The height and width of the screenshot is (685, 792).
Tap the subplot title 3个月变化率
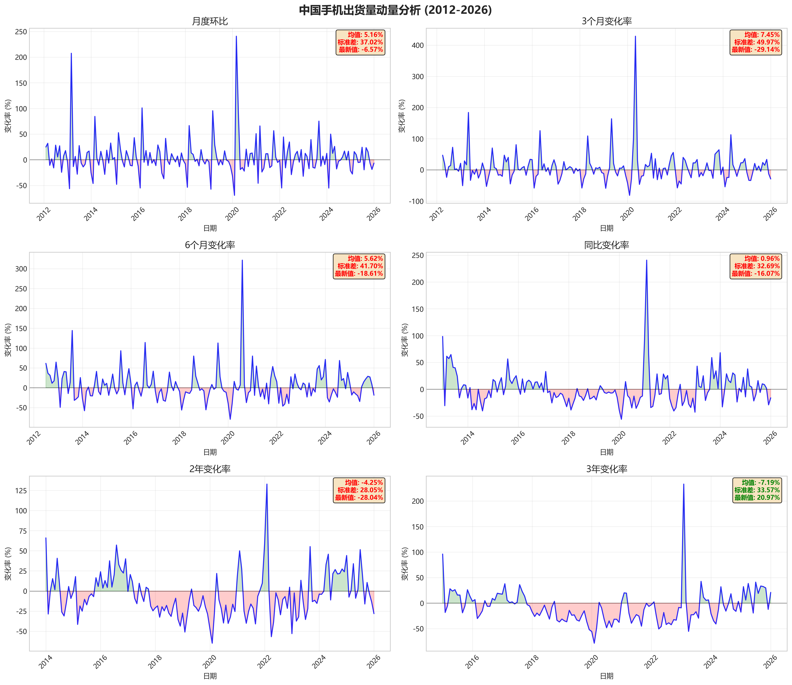point(606,21)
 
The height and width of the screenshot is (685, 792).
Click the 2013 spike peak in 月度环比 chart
point(71,54)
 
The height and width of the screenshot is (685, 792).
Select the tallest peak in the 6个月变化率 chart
point(242,260)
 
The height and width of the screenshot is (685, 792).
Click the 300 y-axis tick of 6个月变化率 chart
point(21,269)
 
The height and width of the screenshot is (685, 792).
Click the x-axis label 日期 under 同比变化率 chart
point(606,452)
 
